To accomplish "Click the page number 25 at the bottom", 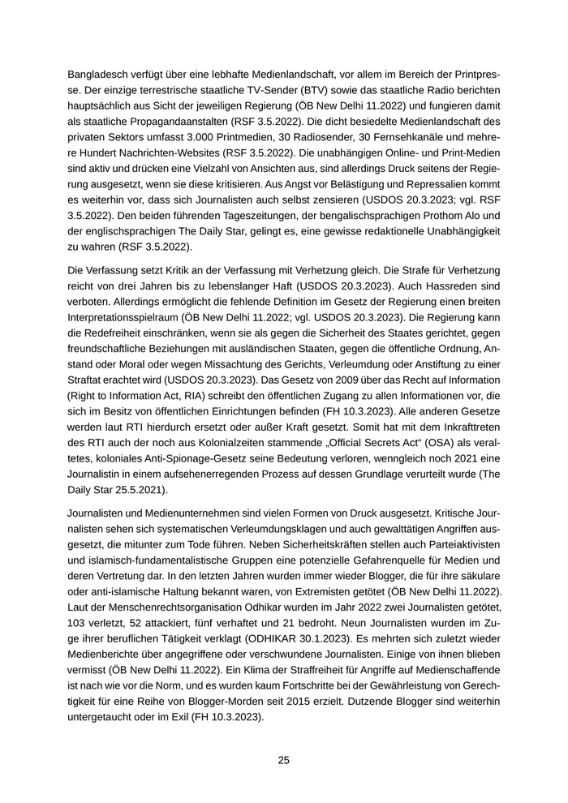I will (284, 760).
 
